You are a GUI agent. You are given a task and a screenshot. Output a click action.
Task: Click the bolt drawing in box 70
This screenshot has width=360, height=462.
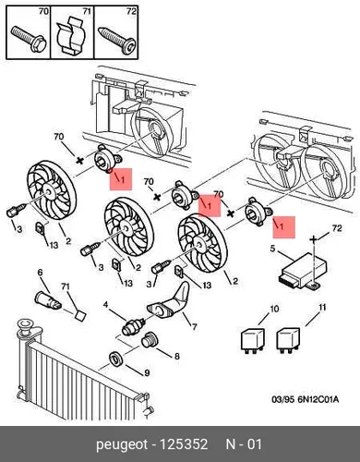pos(29,39)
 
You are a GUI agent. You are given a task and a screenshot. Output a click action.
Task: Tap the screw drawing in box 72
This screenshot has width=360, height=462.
pos(117,41)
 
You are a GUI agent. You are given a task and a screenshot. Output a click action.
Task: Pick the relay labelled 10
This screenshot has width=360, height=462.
pos(252,340)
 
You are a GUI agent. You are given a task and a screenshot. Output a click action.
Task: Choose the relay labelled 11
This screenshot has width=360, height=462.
pos(288,340)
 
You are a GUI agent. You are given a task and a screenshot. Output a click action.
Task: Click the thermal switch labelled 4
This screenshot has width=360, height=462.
pos(134,327)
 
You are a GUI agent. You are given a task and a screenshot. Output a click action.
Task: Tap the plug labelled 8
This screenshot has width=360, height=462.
pos(150,341)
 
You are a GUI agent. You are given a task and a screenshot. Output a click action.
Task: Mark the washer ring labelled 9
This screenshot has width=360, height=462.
pos(116,359)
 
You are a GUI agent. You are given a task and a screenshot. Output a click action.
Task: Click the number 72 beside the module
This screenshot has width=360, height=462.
pos(337,228)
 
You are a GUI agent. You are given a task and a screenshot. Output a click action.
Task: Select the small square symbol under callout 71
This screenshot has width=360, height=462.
pos(80,316)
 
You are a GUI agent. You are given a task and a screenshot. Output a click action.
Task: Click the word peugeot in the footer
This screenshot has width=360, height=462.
pos(122,444)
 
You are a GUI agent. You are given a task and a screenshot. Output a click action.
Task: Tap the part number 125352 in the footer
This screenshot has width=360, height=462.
pos(184,444)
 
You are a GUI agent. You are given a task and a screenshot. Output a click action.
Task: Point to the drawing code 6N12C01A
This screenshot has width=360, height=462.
pos(318,399)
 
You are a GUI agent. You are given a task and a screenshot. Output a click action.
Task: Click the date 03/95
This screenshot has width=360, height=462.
pos(283,399)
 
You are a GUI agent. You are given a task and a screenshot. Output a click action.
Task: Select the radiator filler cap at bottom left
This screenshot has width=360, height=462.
pos(26,326)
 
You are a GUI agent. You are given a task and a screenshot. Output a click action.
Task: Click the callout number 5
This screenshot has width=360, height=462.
pos(272,249)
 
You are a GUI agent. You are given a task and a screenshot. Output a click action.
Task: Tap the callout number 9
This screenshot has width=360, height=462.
pos(147,373)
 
